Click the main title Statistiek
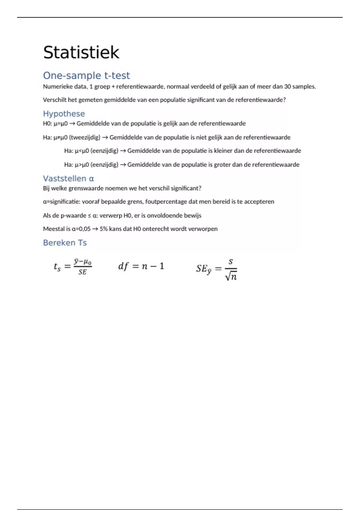(x=81, y=52)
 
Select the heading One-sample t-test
(x=86, y=76)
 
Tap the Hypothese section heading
(x=64, y=114)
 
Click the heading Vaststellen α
(x=68, y=178)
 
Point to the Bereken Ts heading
(x=65, y=243)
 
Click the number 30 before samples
(x=287, y=87)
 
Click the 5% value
(x=103, y=229)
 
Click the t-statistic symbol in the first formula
(x=57, y=266)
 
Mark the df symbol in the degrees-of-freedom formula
(x=123, y=266)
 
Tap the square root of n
(x=231, y=276)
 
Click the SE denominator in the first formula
(x=82, y=272)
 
